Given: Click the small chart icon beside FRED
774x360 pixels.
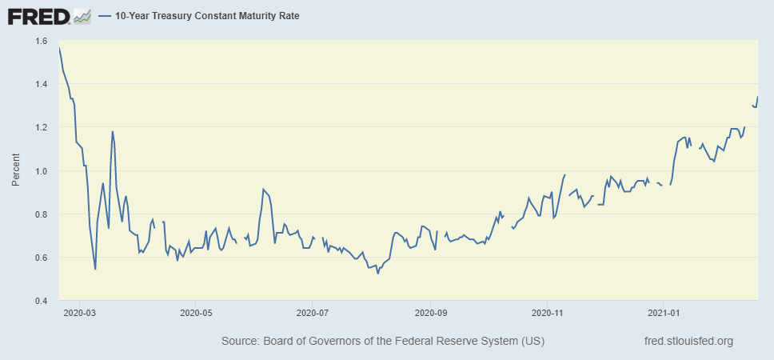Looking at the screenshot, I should (x=82, y=16).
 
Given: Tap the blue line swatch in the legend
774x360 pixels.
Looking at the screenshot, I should (x=104, y=16).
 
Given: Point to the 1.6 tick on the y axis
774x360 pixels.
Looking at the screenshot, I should (x=41, y=41).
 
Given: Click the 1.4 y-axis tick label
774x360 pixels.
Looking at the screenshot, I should (x=41, y=84).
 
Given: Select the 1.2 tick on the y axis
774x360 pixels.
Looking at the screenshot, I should (x=41, y=127).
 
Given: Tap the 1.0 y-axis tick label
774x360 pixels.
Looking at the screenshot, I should (x=41, y=170).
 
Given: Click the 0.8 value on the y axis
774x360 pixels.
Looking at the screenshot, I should (x=41, y=214).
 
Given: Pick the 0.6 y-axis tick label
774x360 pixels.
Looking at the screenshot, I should (x=41, y=258).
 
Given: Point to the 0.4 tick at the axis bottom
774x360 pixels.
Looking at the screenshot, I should (x=41, y=301).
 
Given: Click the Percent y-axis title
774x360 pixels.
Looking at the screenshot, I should (x=16, y=171).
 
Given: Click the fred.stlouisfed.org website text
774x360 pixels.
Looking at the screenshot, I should (x=688, y=342).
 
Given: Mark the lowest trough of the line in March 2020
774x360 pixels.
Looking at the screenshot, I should (x=95, y=269).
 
